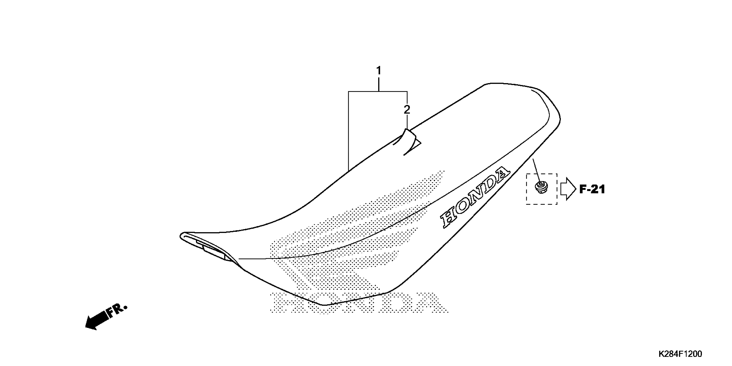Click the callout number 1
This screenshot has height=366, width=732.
pyautogui.click(x=378, y=70)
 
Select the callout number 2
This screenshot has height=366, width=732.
pyautogui.click(x=407, y=110)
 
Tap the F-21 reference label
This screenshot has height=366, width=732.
pyautogui.click(x=592, y=189)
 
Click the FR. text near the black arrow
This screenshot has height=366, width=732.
pyautogui.click(x=117, y=310)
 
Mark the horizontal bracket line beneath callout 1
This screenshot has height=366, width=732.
pyautogui.click(x=378, y=92)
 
